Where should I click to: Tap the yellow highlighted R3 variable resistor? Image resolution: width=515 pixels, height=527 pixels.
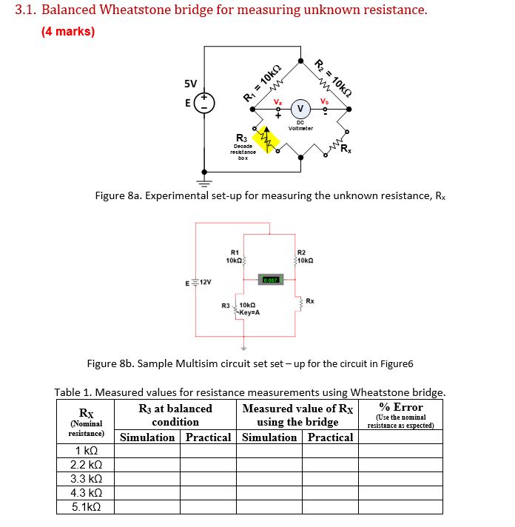pyautogui.click(x=265, y=138)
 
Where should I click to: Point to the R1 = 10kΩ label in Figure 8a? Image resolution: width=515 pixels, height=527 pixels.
pyautogui.click(x=261, y=81)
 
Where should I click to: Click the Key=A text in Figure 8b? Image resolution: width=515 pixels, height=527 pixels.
pyautogui.click(x=248, y=312)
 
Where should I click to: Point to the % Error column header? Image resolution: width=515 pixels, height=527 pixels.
pyautogui.click(x=400, y=407)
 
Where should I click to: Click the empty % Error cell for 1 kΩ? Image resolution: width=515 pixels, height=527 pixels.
pyautogui.click(x=400, y=451)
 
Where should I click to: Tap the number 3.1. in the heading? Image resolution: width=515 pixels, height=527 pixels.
pyautogui.click(x=30, y=10)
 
